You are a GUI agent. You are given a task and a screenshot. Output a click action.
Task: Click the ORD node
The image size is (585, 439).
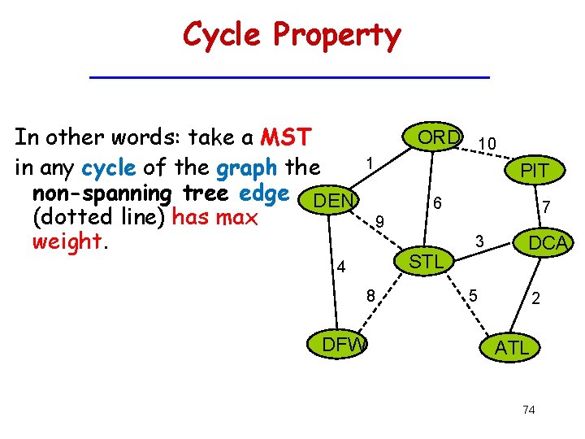click(438, 137)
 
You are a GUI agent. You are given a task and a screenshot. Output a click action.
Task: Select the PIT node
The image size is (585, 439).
click(535, 171)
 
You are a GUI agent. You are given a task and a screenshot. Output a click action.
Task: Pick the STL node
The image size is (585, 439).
click(426, 262)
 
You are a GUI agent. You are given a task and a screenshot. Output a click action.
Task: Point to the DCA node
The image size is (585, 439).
click(547, 243)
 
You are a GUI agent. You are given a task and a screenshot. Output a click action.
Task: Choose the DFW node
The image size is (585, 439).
click(344, 344)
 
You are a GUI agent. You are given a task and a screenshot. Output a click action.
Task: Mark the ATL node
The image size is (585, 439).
click(512, 349)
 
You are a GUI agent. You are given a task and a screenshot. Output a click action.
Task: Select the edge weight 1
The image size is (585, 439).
click(370, 163)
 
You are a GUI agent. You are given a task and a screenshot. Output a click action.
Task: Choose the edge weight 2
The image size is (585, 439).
click(535, 298)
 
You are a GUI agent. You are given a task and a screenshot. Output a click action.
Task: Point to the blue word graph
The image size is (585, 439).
click(247, 168)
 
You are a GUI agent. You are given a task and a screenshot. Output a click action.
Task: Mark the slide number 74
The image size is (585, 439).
click(529, 410)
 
